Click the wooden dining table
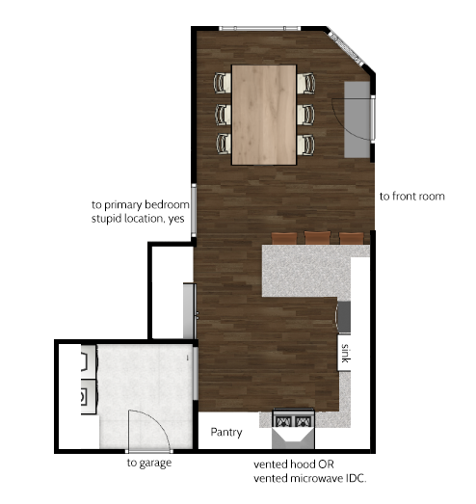[x=264, y=115]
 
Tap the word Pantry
[x=226, y=433]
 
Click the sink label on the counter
[x=345, y=353]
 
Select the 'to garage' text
[x=149, y=464]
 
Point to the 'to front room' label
[x=412, y=197]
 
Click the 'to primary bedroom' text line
[x=141, y=204]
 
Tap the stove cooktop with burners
[x=293, y=418]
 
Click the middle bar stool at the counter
[x=318, y=237]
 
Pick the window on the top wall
[x=260, y=29]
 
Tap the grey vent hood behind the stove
[x=293, y=438]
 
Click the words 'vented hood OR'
[x=294, y=464]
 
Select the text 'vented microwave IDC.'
[x=310, y=479]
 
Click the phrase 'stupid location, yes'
[x=138, y=219]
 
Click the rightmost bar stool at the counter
[x=352, y=238]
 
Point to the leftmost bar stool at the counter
[x=284, y=238]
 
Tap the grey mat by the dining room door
[x=357, y=119]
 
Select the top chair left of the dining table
[x=223, y=83]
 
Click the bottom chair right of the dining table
[x=306, y=145]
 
